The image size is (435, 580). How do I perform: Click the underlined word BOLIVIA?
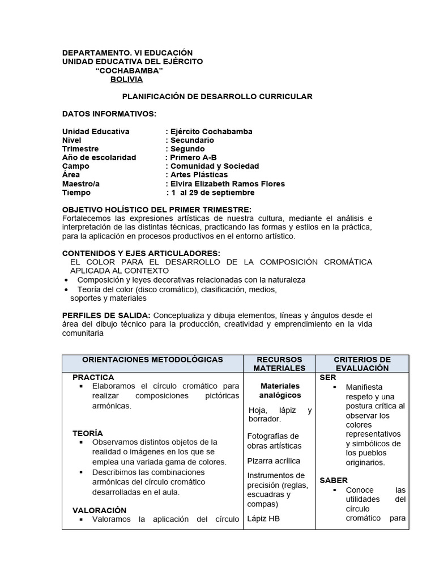pyautogui.click(x=126, y=79)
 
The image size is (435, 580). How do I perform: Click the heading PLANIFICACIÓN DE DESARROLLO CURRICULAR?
pyautogui.click(x=217, y=97)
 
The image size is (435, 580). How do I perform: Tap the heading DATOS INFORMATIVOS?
pyautogui.click(x=109, y=114)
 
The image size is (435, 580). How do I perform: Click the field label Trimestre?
pyautogui.click(x=80, y=149)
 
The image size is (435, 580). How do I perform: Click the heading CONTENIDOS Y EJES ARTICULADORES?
pyautogui.click(x=141, y=253)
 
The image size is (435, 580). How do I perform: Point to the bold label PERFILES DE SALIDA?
pyautogui.click(x=106, y=315)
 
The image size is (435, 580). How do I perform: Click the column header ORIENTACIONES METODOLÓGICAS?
pyautogui.click(x=152, y=360)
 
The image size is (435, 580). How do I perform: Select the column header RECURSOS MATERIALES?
pyautogui.click(x=279, y=364)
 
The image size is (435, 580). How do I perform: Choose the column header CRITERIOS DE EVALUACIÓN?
pyautogui.click(x=362, y=364)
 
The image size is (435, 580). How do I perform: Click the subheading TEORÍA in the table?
pyautogui.click(x=88, y=433)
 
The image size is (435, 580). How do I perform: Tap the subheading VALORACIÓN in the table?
pyautogui.click(x=100, y=510)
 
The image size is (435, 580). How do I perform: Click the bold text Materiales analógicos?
pyautogui.click(x=280, y=390)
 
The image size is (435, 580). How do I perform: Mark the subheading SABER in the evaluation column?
pyautogui.click(x=334, y=480)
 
